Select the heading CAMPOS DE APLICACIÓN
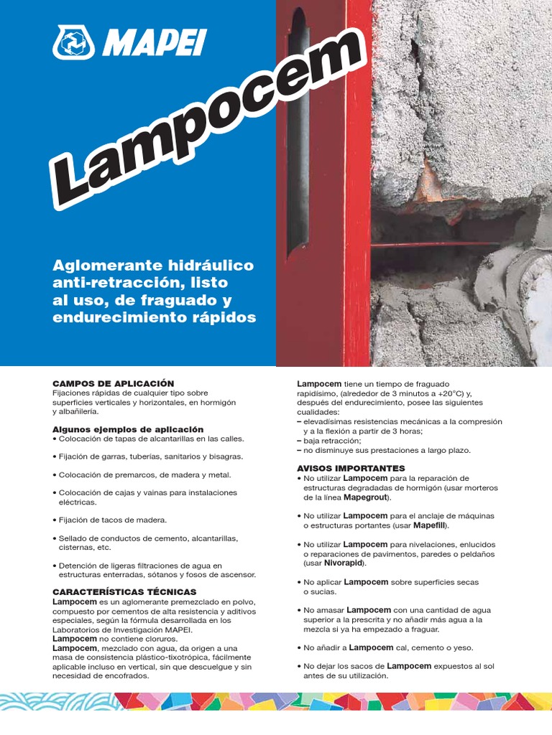[113, 384]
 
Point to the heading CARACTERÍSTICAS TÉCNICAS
[119, 591]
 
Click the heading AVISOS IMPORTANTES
[341, 468]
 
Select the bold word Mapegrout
[364, 497]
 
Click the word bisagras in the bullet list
[224, 457]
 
